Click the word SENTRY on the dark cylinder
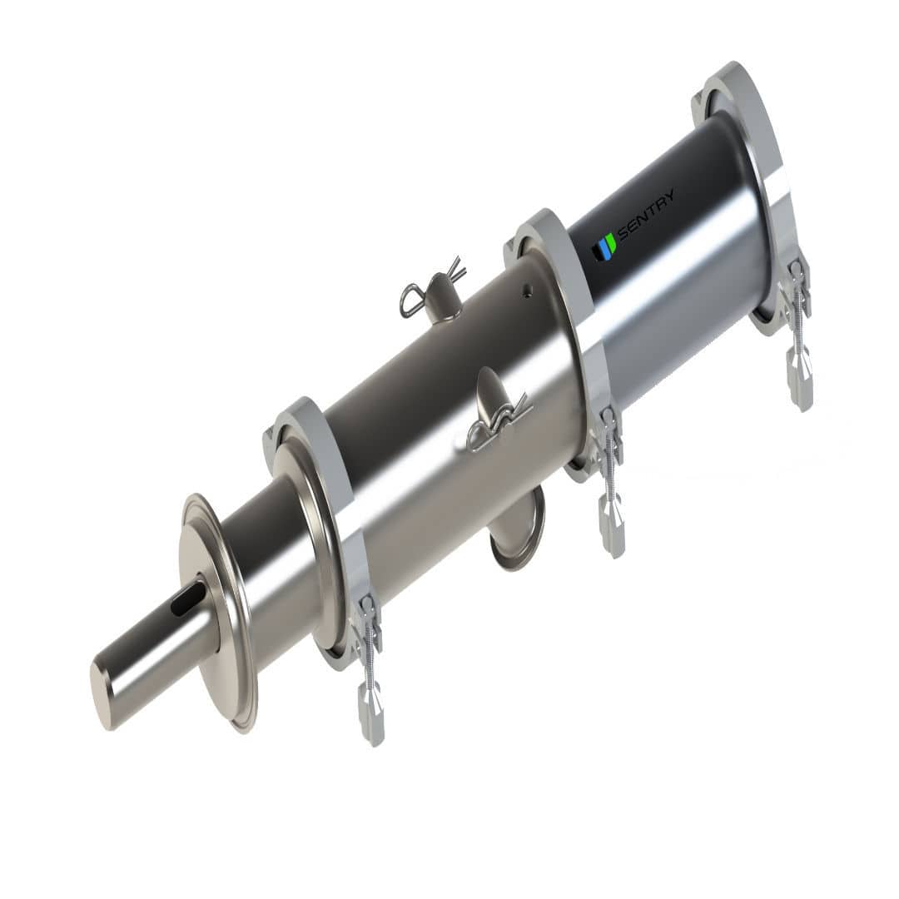tap(647, 214)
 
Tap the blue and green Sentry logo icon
tap(603, 247)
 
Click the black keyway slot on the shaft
tap(189, 599)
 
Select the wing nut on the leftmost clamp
tap(371, 713)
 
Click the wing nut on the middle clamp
tap(612, 526)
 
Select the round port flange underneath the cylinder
tap(518, 529)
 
